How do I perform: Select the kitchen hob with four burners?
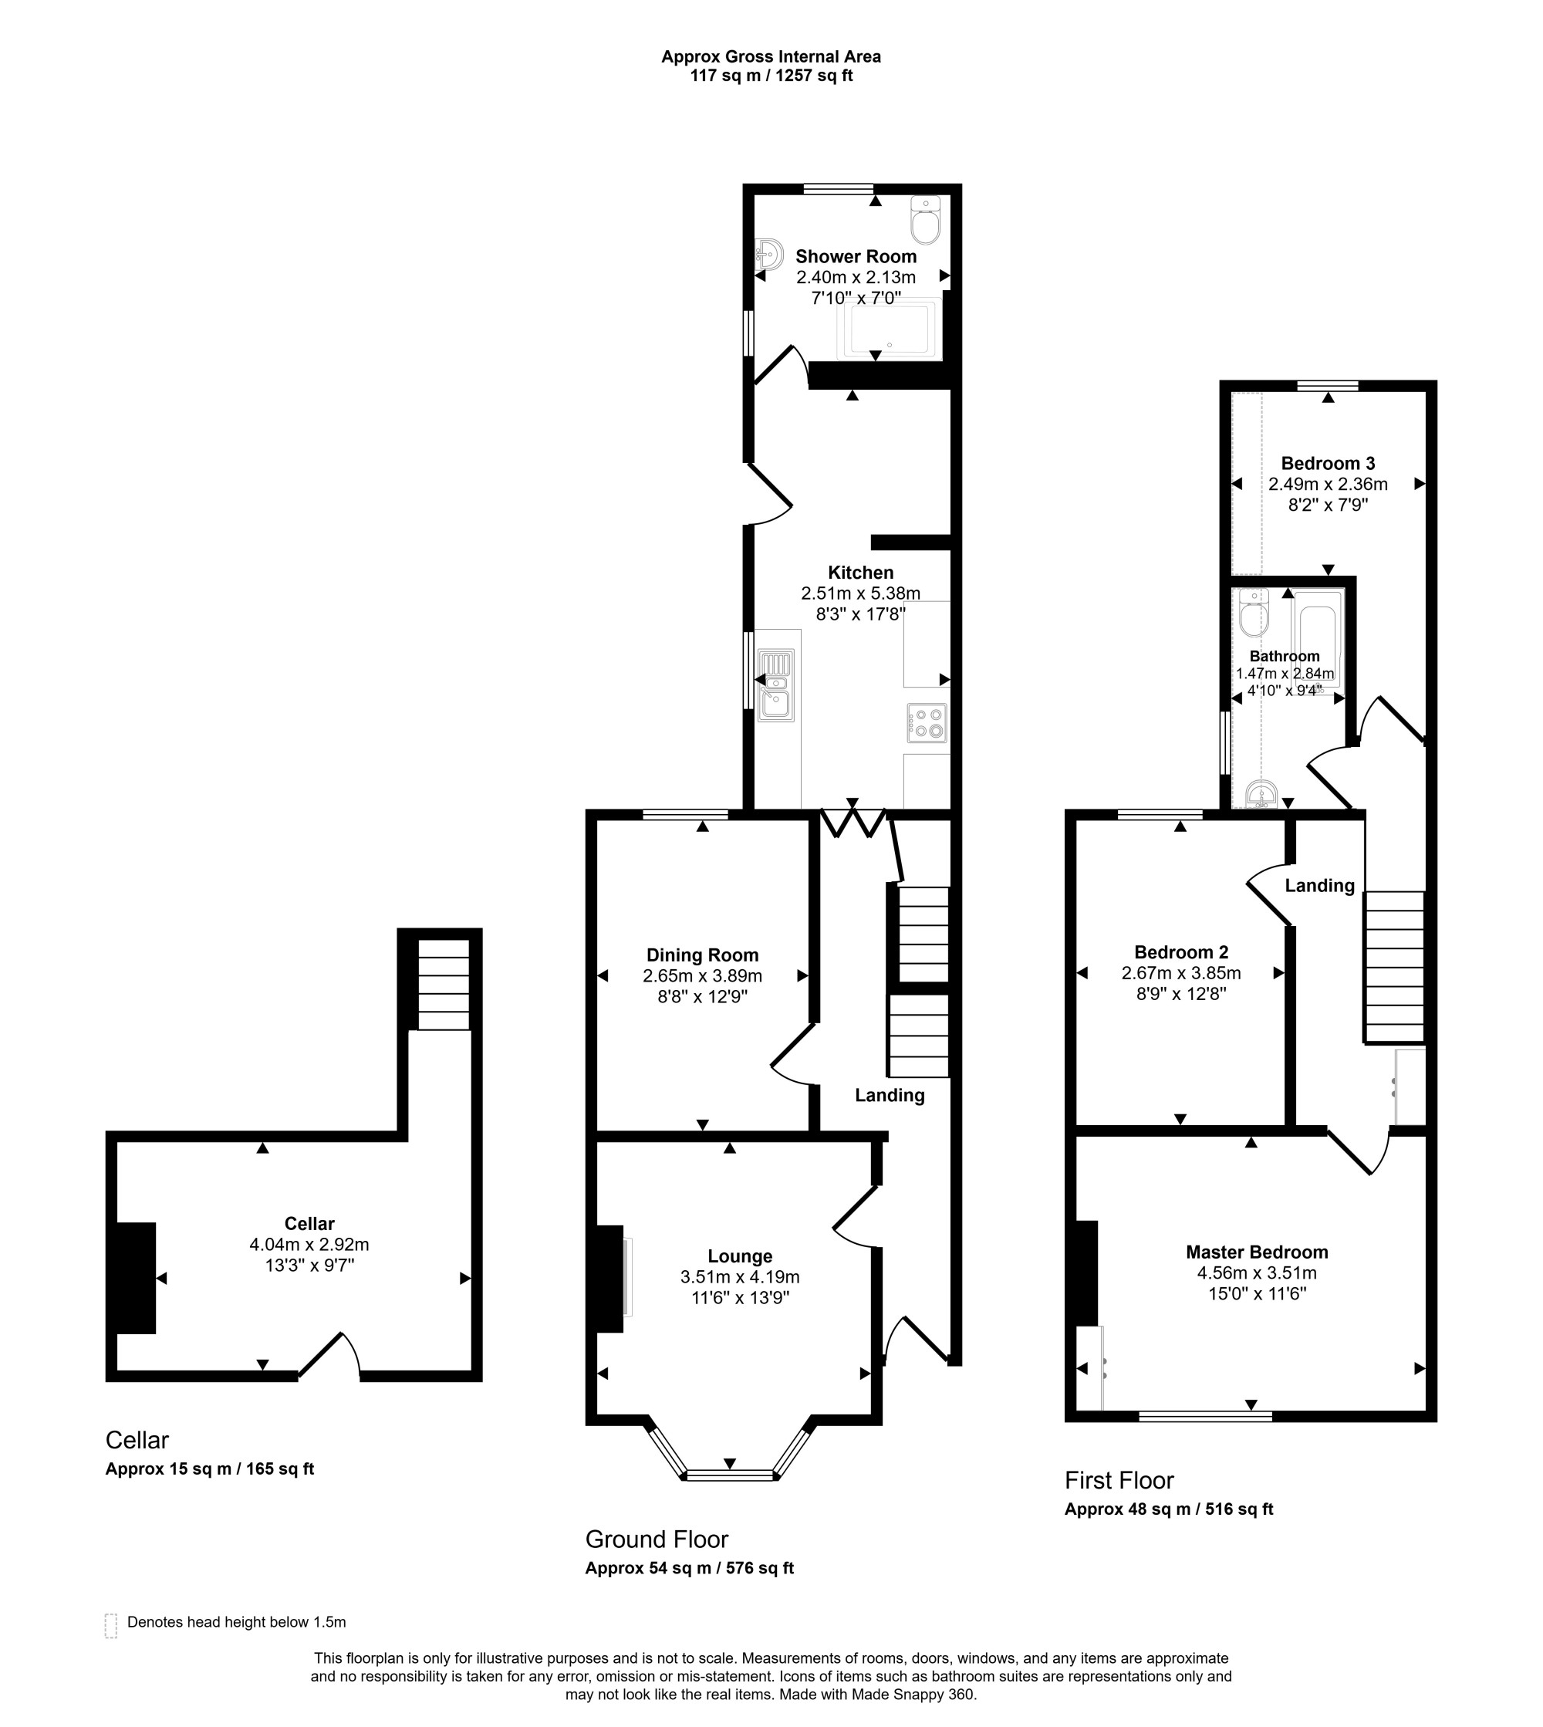pos(927,723)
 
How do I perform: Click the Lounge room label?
pos(740,1256)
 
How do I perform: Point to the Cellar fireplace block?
pos(137,1278)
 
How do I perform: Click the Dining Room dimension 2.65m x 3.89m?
pos(702,976)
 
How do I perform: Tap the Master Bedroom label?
pos(1257,1252)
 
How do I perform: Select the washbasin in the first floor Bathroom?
pos(1261,794)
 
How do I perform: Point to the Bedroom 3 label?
pos(1328,464)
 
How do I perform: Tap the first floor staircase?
pos(1394,965)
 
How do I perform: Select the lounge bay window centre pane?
pos(730,1476)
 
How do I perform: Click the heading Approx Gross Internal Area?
pos(771,57)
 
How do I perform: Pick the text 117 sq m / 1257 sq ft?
pos(771,76)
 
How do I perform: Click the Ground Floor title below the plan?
pos(657,1539)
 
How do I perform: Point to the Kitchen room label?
pos(860,573)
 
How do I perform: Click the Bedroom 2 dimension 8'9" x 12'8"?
pos(1181,994)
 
